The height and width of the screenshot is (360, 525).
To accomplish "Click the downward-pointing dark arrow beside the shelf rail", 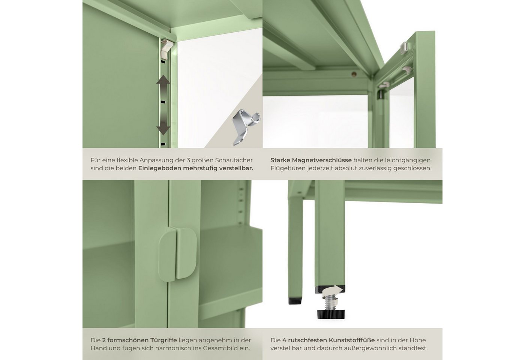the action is tap(163, 127).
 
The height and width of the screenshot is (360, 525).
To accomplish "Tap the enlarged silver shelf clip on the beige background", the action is tap(246, 127).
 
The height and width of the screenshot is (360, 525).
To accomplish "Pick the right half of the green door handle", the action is tap(186, 253).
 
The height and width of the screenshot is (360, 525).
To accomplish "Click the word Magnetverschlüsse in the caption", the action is tap(322, 160).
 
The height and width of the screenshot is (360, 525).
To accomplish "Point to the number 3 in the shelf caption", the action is tap(188, 160).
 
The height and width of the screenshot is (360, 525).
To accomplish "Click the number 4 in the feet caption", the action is tap(284, 340).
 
